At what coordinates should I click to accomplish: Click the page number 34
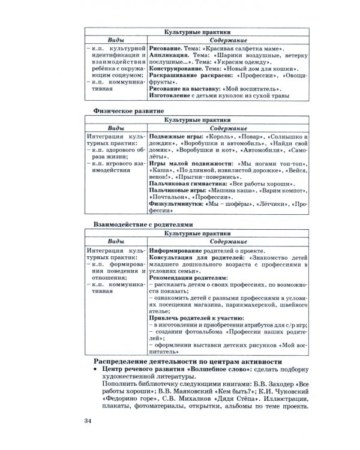[x=88, y=435]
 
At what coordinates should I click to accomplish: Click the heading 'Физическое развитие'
[x=129, y=110]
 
